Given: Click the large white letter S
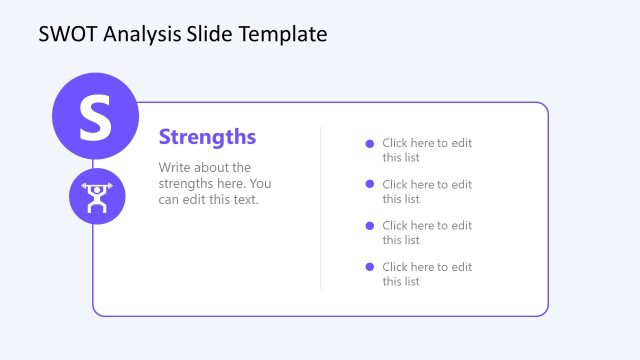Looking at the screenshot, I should pos(95,117).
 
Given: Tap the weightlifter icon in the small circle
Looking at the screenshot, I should pos(97,197).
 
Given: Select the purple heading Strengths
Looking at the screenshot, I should pos(207,137).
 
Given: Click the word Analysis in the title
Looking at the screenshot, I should pos(140,34).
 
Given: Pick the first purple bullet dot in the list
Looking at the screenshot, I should pos(370,143).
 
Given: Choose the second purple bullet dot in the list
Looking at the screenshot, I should pos(370,184).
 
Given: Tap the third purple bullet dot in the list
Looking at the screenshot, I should pos(370,225).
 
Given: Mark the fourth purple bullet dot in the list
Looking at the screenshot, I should pos(370,266).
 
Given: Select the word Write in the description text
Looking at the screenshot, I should pos(176,168).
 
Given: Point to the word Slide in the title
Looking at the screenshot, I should pos(211,34).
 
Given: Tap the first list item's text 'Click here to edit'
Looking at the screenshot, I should pos(427,143).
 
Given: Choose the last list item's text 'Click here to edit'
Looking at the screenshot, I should pos(427,267).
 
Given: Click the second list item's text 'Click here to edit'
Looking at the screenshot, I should pos(427,184).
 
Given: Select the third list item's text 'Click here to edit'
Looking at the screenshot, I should pos(427,226).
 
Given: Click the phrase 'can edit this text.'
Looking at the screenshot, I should pos(208,199).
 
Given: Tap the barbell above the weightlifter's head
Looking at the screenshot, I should pos(97,187).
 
